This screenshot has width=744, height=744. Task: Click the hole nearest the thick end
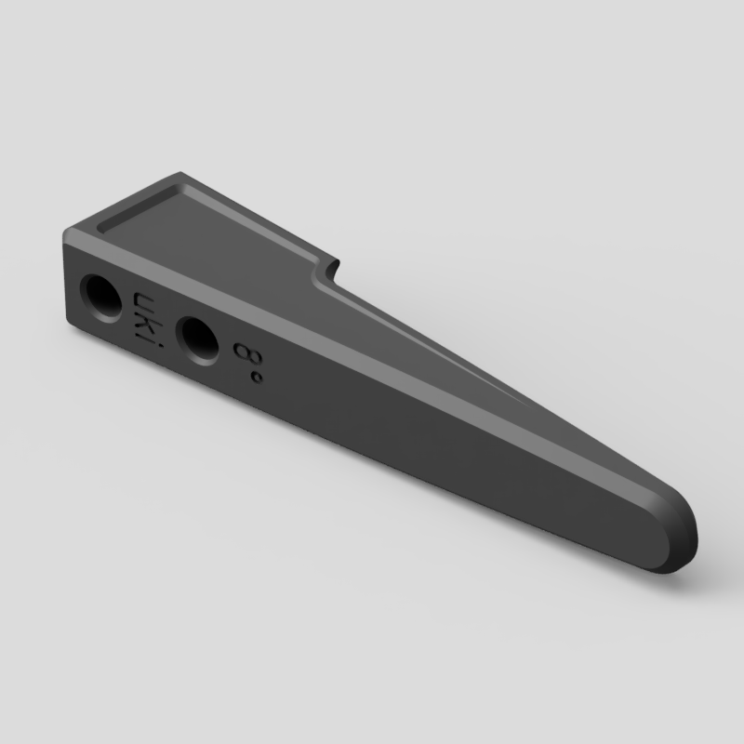(100, 298)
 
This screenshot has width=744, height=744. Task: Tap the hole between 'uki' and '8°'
(198, 340)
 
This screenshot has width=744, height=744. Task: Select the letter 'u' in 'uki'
(143, 301)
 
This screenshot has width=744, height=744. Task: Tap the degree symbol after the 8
(257, 378)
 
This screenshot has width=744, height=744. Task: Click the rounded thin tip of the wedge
(684, 531)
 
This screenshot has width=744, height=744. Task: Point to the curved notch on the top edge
(326, 272)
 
